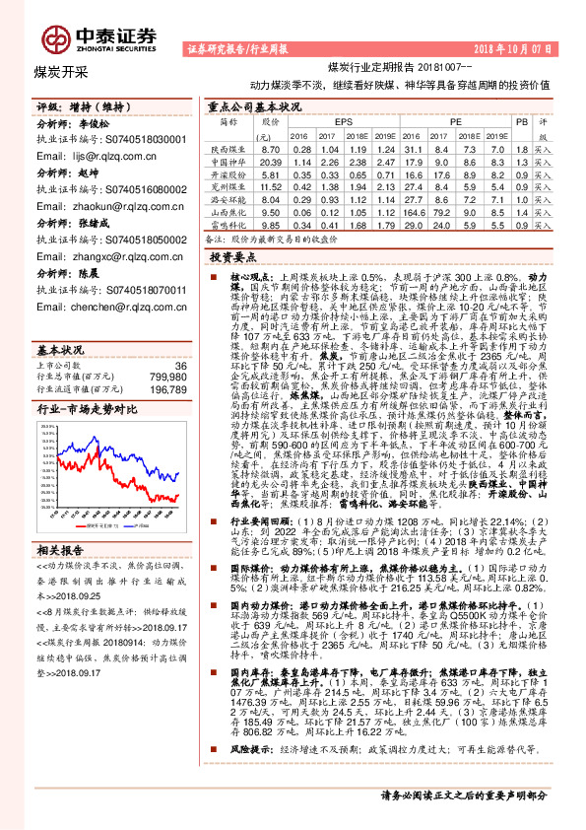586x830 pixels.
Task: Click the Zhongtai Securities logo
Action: coord(94,37)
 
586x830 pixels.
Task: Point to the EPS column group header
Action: coord(343,121)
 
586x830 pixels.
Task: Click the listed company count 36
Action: coord(179,338)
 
